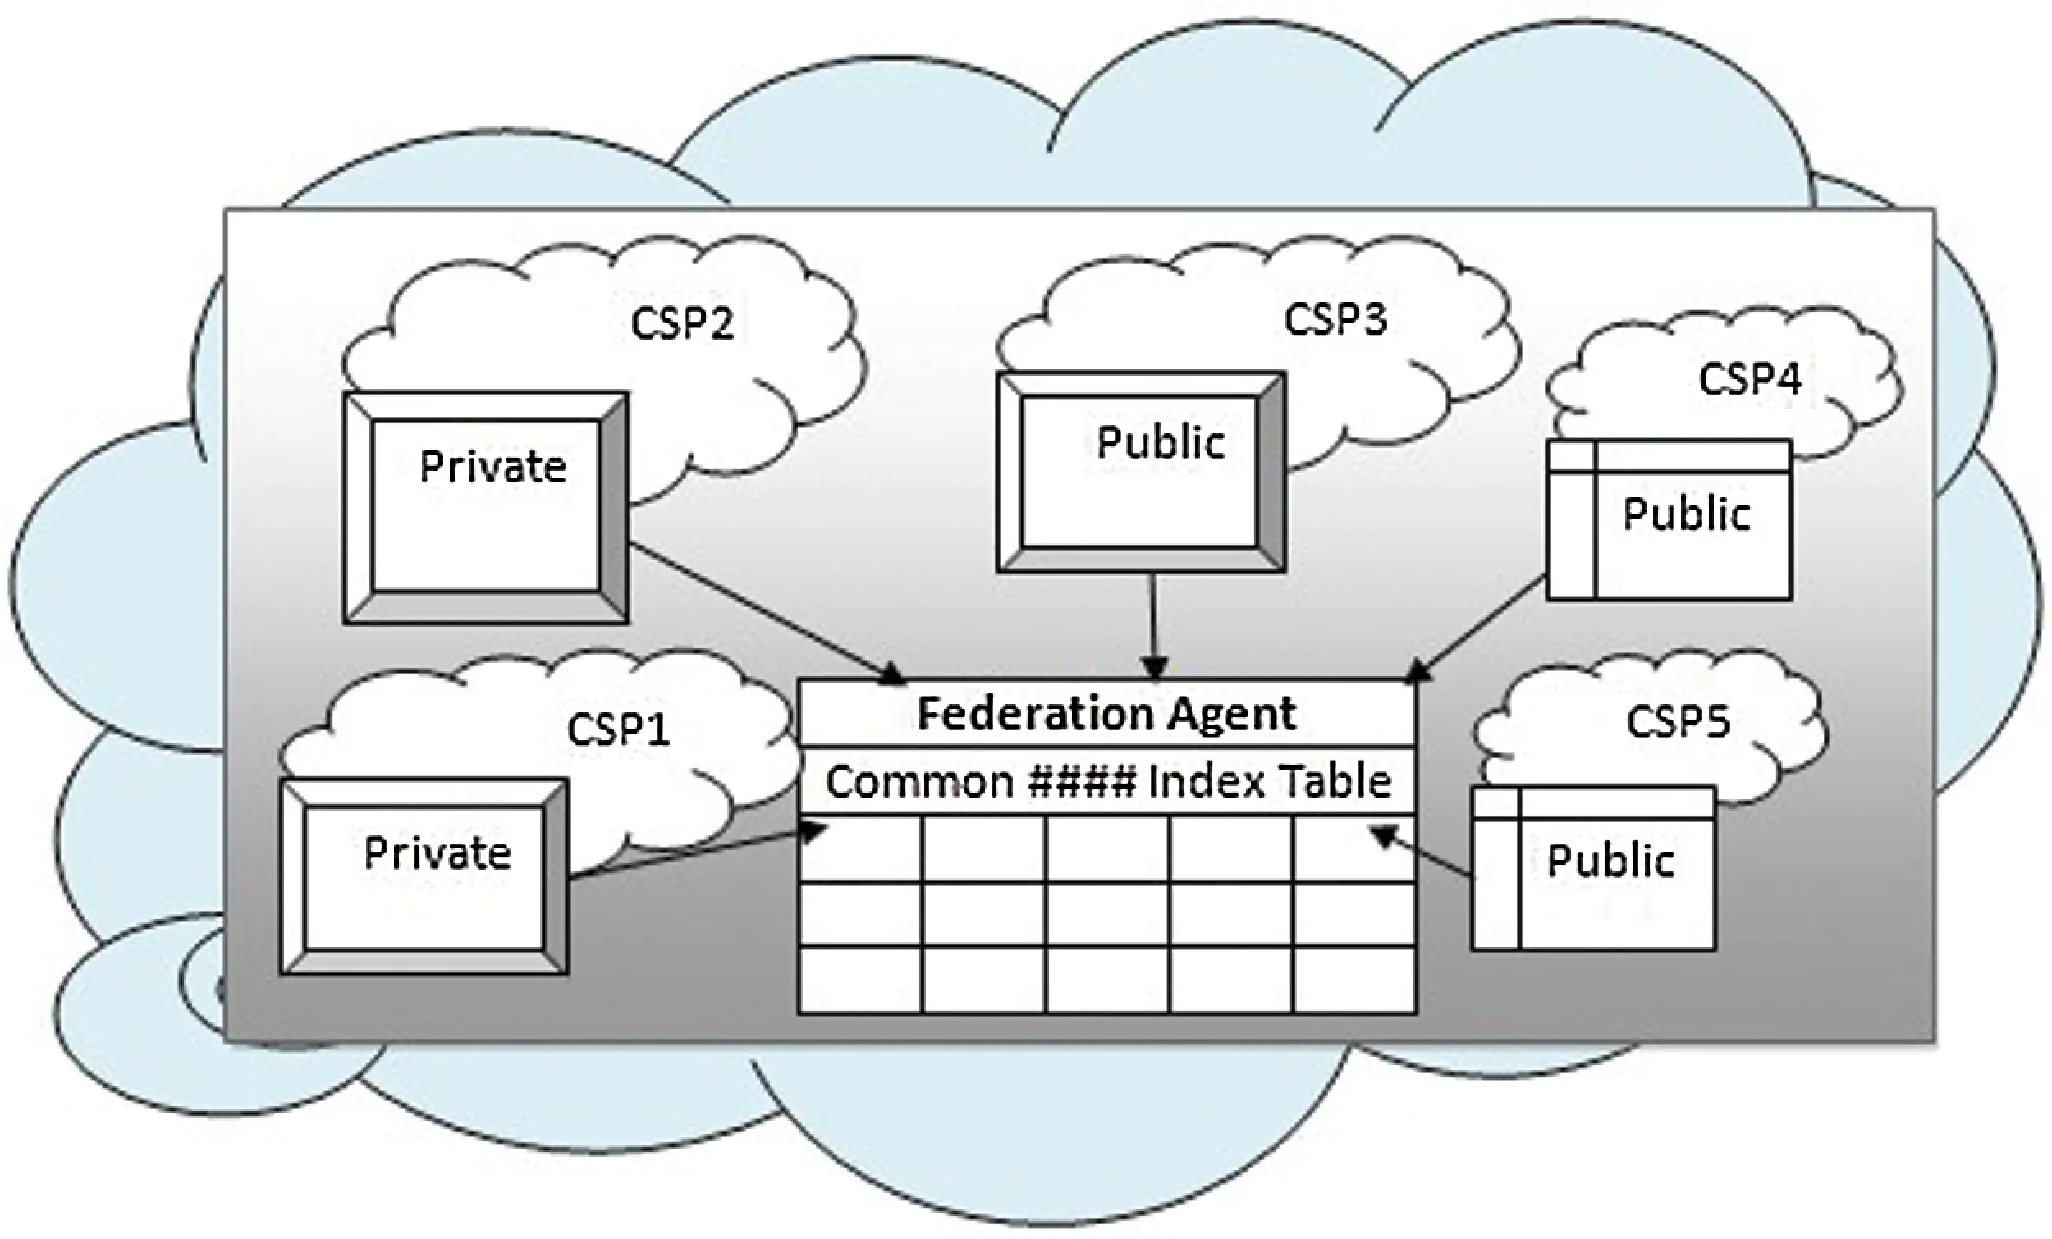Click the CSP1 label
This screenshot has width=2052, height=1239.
click(x=618, y=729)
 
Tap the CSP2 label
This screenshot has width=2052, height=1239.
click(x=682, y=323)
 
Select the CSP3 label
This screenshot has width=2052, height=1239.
click(x=1335, y=319)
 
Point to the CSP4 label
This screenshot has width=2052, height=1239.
click(x=1749, y=379)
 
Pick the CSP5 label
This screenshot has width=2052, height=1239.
click(x=1677, y=721)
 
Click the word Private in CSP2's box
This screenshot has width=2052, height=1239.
click(x=493, y=466)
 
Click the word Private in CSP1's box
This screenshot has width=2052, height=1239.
click(x=437, y=853)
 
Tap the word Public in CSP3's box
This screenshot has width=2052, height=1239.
click(x=1160, y=442)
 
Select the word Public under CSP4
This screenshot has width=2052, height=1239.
click(x=1687, y=514)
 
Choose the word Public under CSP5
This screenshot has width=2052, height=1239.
click(x=1610, y=860)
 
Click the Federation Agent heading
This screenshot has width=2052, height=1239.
click(x=1106, y=714)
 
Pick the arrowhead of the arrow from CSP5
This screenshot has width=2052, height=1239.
click(x=1384, y=834)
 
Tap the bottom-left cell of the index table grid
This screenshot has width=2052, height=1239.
click(x=860, y=980)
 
